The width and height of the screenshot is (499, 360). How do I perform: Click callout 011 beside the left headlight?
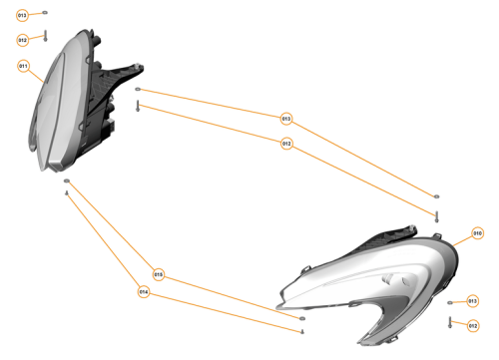[24, 66]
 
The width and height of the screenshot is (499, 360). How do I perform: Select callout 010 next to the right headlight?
[477, 233]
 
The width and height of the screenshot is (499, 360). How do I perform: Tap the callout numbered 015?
[158, 273]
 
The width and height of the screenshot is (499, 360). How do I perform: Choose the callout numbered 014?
[144, 292]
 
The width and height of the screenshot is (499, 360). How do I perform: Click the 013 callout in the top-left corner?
[23, 16]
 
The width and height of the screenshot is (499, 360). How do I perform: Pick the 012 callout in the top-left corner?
[23, 40]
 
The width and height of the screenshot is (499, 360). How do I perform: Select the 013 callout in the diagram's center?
[286, 119]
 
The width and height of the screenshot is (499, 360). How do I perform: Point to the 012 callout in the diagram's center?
[286, 144]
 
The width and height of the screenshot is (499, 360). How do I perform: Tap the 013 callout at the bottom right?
[473, 300]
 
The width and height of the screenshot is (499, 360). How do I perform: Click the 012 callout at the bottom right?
[473, 324]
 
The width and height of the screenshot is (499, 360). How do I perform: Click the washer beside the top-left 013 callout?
[45, 15]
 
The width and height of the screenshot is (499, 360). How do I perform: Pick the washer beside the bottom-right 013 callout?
[450, 301]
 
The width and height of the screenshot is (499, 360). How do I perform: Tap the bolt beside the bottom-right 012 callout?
[450, 321]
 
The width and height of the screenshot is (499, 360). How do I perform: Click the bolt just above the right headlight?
[436, 214]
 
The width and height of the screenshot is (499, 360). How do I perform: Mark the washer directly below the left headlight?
[67, 182]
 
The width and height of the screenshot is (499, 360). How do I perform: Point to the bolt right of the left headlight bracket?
[138, 105]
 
